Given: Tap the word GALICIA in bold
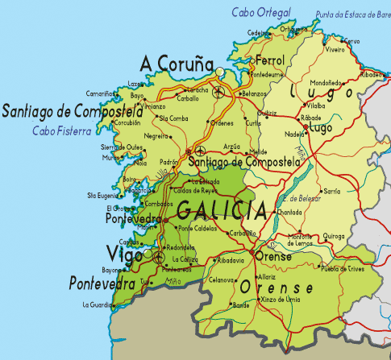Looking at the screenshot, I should tap(222, 212).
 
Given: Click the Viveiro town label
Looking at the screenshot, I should tap(335, 49).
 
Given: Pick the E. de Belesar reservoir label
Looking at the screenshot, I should tap(301, 197).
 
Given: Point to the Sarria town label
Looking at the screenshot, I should tap(331, 192).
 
